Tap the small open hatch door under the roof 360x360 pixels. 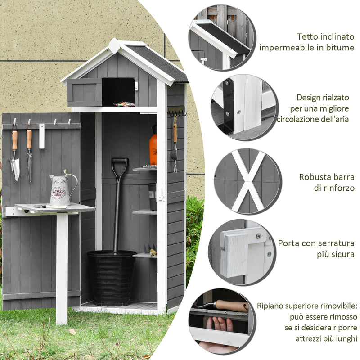(85, 92)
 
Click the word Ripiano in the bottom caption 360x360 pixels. (271, 306)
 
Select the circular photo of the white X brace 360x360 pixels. (247, 181)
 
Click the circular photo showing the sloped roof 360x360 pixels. (221, 38)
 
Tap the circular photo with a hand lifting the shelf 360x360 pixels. (221, 321)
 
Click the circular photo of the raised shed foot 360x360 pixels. (243, 107)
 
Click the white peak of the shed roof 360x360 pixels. (114, 45)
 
